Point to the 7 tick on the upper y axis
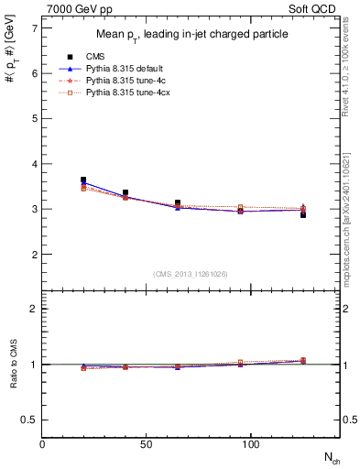34,28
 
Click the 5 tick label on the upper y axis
34,118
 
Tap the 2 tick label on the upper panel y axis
34,254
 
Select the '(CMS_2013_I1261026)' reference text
191,273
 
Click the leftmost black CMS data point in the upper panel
83,180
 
